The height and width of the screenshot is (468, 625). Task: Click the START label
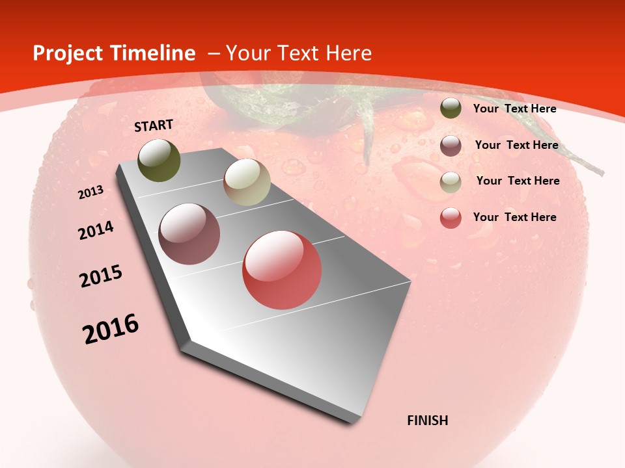(x=154, y=125)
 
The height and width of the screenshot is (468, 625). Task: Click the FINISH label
(x=428, y=421)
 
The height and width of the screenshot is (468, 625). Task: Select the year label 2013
(x=90, y=192)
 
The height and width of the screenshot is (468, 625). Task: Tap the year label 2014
(x=96, y=231)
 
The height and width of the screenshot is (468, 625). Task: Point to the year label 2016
(x=111, y=329)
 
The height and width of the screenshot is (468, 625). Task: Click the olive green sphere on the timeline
(x=160, y=161)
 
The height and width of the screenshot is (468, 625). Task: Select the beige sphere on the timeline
(x=247, y=182)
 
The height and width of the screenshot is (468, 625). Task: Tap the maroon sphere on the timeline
(x=189, y=234)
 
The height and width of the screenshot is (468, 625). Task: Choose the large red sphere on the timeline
(x=282, y=270)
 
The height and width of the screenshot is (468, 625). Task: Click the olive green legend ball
(x=451, y=109)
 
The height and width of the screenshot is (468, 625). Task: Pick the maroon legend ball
(x=451, y=145)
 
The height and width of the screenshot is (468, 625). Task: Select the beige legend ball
(x=451, y=181)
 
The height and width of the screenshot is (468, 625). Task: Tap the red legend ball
(x=451, y=218)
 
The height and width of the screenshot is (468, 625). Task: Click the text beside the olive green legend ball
(x=514, y=109)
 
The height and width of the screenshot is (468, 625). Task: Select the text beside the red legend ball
(x=514, y=217)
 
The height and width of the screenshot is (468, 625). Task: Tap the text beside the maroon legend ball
(x=516, y=145)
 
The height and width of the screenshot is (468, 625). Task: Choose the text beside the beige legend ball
(x=518, y=181)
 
